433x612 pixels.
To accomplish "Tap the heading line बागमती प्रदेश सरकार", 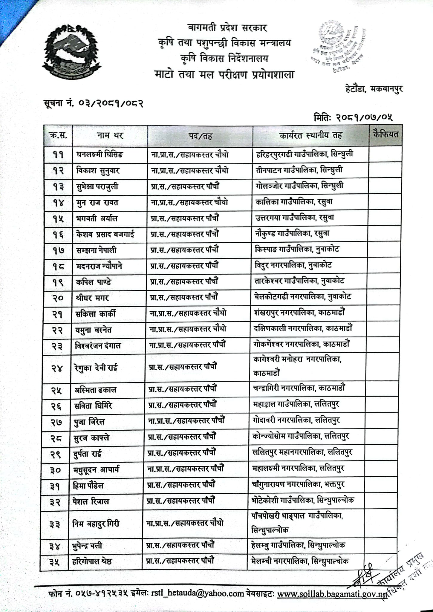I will [x=227, y=28].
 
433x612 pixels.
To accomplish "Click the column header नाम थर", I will [x=110, y=136].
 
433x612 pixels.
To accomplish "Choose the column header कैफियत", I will [x=385, y=134].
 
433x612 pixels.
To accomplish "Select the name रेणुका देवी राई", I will [x=96, y=368].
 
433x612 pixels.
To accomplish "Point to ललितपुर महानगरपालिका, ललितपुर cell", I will [x=302, y=452].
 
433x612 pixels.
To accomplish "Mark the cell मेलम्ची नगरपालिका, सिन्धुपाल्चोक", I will [x=300, y=561].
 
